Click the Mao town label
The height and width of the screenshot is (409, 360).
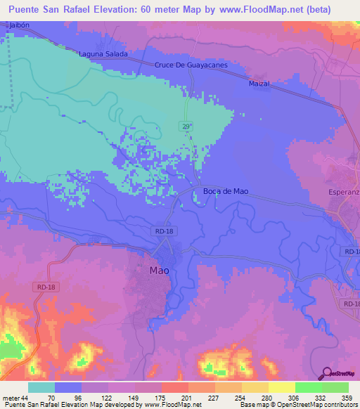click(159, 270)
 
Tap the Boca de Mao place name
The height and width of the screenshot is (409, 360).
click(226, 191)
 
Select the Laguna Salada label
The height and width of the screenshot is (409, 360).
click(104, 54)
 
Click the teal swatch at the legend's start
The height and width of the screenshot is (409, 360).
click(41, 387)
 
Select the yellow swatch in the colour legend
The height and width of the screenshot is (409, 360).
click(281, 387)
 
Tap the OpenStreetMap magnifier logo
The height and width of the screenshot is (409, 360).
click(326, 374)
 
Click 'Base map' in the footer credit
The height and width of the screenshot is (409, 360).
click(255, 405)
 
